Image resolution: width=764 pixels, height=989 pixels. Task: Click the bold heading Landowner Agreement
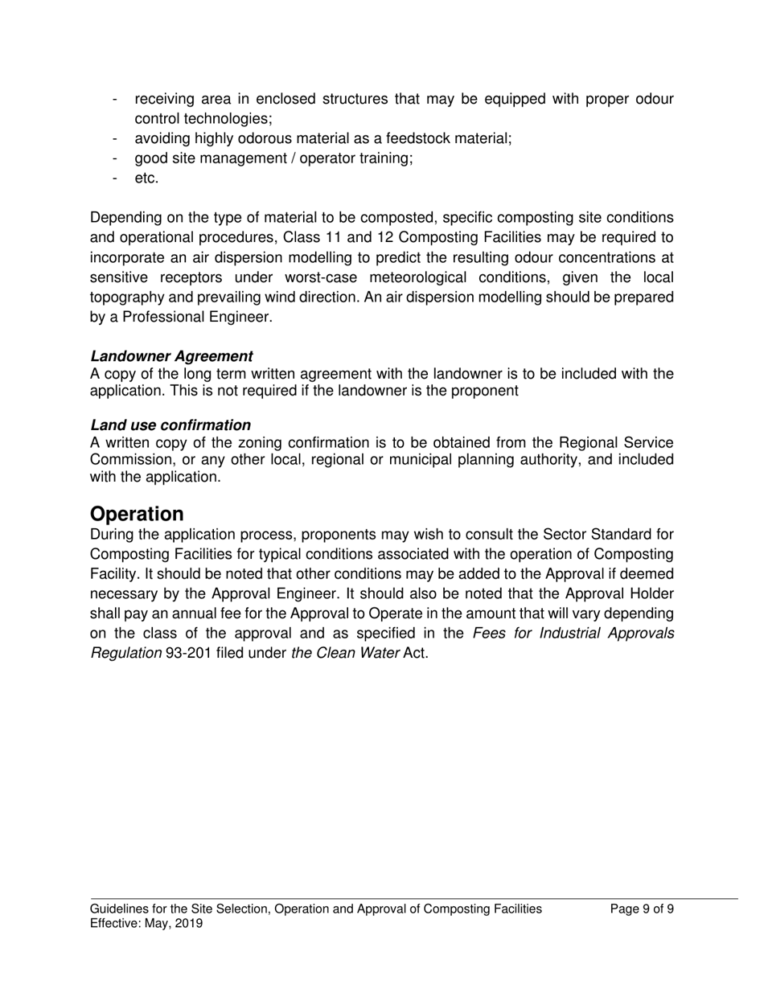tap(171, 356)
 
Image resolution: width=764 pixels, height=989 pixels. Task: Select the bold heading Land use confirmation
tap(170, 425)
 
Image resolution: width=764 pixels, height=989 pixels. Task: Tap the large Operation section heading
tap(137, 514)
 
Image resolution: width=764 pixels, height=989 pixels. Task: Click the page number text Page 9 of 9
tap(642, 909)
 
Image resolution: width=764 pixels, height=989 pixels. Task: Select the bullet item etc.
tap(146, 179)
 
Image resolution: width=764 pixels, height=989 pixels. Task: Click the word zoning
tap(276, 444)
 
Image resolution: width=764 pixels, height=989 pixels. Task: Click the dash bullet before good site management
tap(117, 158)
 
